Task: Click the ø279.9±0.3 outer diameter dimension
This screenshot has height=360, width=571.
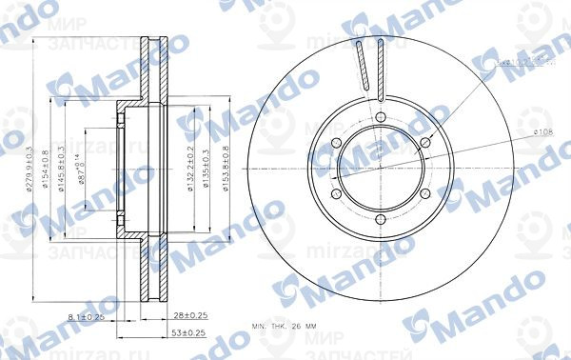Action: (30, 170)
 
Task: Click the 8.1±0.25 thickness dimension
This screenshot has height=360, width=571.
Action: (87, 315)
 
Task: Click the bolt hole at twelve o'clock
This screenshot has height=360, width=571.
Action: (380, 118)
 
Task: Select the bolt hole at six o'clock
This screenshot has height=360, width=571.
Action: (380, 219)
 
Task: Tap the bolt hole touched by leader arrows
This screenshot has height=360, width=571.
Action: (423, 144)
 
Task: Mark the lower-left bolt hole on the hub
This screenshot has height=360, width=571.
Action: (336, 194)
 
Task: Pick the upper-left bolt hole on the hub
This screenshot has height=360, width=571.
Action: (336, 144)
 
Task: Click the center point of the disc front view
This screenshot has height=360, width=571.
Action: (380, 169)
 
